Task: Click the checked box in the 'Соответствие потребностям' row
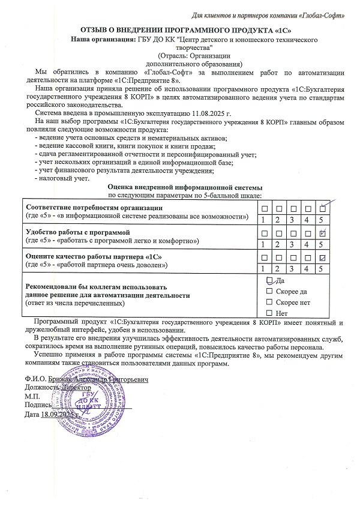coord(323,208)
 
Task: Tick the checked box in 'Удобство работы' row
coord(323,232)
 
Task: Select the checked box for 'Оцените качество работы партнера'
coord(323,258)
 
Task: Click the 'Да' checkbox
coord(269,280)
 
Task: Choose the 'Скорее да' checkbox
coord(269,291)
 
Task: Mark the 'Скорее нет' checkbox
coord(269,302)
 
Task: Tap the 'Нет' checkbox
coord(269,313)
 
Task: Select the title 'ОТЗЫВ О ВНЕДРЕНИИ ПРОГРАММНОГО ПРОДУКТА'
coord(179,30)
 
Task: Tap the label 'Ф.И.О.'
coord(35,379)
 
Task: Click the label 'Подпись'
coord(38,406)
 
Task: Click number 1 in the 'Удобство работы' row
coord(263,244)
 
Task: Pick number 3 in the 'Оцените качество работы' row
coord(293,269)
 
